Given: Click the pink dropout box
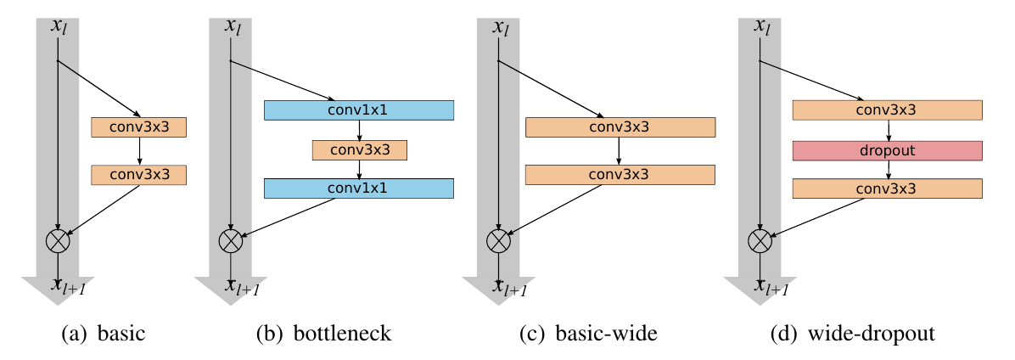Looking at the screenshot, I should tap(887, 150).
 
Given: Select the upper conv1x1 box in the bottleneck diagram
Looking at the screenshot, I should tap(359, 110).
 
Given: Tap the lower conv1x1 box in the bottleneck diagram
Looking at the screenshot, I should tap(359, 188).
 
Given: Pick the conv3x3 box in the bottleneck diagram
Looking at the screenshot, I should tap(360, 150).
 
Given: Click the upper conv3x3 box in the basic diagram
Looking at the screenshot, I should tap(138, 127).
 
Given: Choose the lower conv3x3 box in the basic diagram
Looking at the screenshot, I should tap(138, 175).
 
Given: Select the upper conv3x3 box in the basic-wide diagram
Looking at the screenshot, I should tap(620, 127).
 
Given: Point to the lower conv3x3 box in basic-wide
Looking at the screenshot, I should tap(620, 175).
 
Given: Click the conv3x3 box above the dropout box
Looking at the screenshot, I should tap(887, 110).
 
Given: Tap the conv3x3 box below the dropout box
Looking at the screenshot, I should tap(887, 188).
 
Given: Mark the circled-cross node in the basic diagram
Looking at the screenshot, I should tap(57, 241).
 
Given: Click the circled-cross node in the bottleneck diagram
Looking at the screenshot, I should tap(230, 241).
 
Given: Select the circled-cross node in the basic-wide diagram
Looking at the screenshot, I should tap(497, 241).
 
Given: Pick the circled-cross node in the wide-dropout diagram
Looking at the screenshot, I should tap(759, 241).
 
